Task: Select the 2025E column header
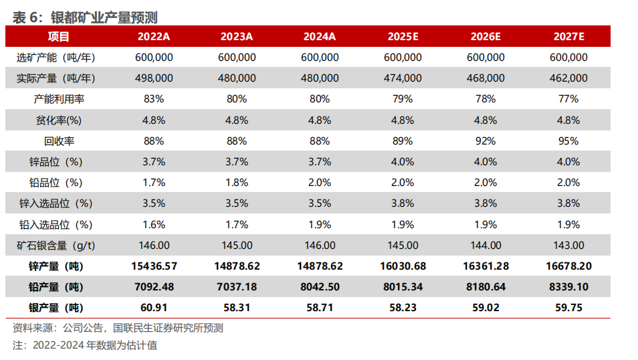[x=403, y=37]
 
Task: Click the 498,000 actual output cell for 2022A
[x=154, y=78]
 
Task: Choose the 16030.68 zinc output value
[x=403, y=266]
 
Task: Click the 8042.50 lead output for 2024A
[x=320, y=287]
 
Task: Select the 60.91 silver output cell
[x=154, y=308]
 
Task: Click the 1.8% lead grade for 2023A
[x=237, y=183]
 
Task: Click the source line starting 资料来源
[x=118, y=328]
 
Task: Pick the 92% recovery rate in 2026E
[x=486, y=141]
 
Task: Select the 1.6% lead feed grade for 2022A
[x=154, y=225]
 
